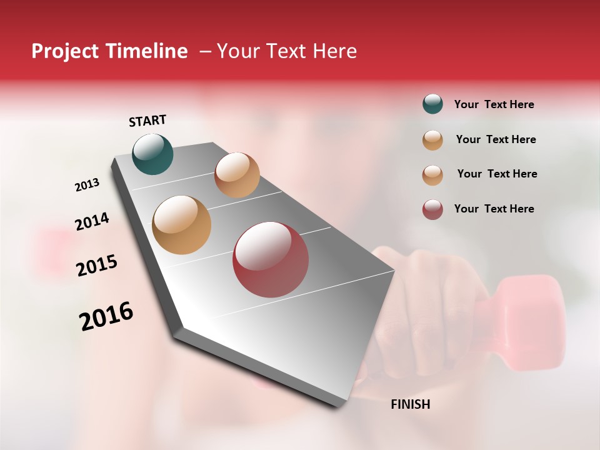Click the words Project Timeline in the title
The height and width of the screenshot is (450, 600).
tap(109, 51)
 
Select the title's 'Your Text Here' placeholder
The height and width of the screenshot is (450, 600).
tap(287, 51)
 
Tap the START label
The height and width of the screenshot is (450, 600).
tap(147, 121)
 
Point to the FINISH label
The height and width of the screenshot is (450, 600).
tap(410, 404)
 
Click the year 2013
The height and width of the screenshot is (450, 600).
tap(87, 185)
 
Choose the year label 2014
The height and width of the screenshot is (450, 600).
tap(92, 221)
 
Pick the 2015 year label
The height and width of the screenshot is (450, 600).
tap(97, 266)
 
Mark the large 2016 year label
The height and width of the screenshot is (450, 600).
tap(106, 316)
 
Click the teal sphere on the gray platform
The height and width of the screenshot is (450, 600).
tap(152, 154)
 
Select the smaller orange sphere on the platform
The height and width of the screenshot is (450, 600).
tap(237, 175)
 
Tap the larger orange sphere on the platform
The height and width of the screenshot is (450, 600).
tap(181, 224)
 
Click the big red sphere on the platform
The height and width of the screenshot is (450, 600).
tap(271, 259)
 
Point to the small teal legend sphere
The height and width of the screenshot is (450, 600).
tap(432, 104)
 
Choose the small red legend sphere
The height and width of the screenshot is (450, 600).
tap(432, 209)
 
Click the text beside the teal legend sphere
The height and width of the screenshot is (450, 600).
tap(494, 104)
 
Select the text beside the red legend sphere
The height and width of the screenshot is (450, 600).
tap(494, 209)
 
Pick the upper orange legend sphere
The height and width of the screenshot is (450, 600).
tap(432, 140)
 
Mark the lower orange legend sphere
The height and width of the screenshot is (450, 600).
tap(432, 175)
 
